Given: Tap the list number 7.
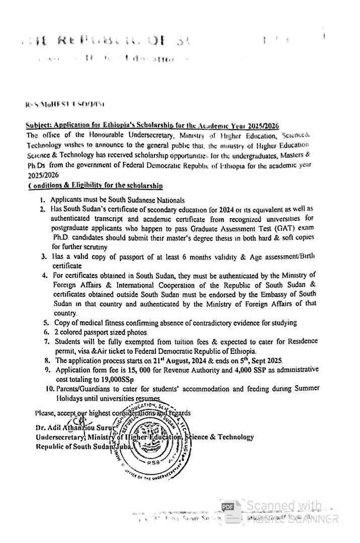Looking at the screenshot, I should tap(46, 341).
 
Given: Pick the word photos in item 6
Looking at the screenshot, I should tap(136, 332).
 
